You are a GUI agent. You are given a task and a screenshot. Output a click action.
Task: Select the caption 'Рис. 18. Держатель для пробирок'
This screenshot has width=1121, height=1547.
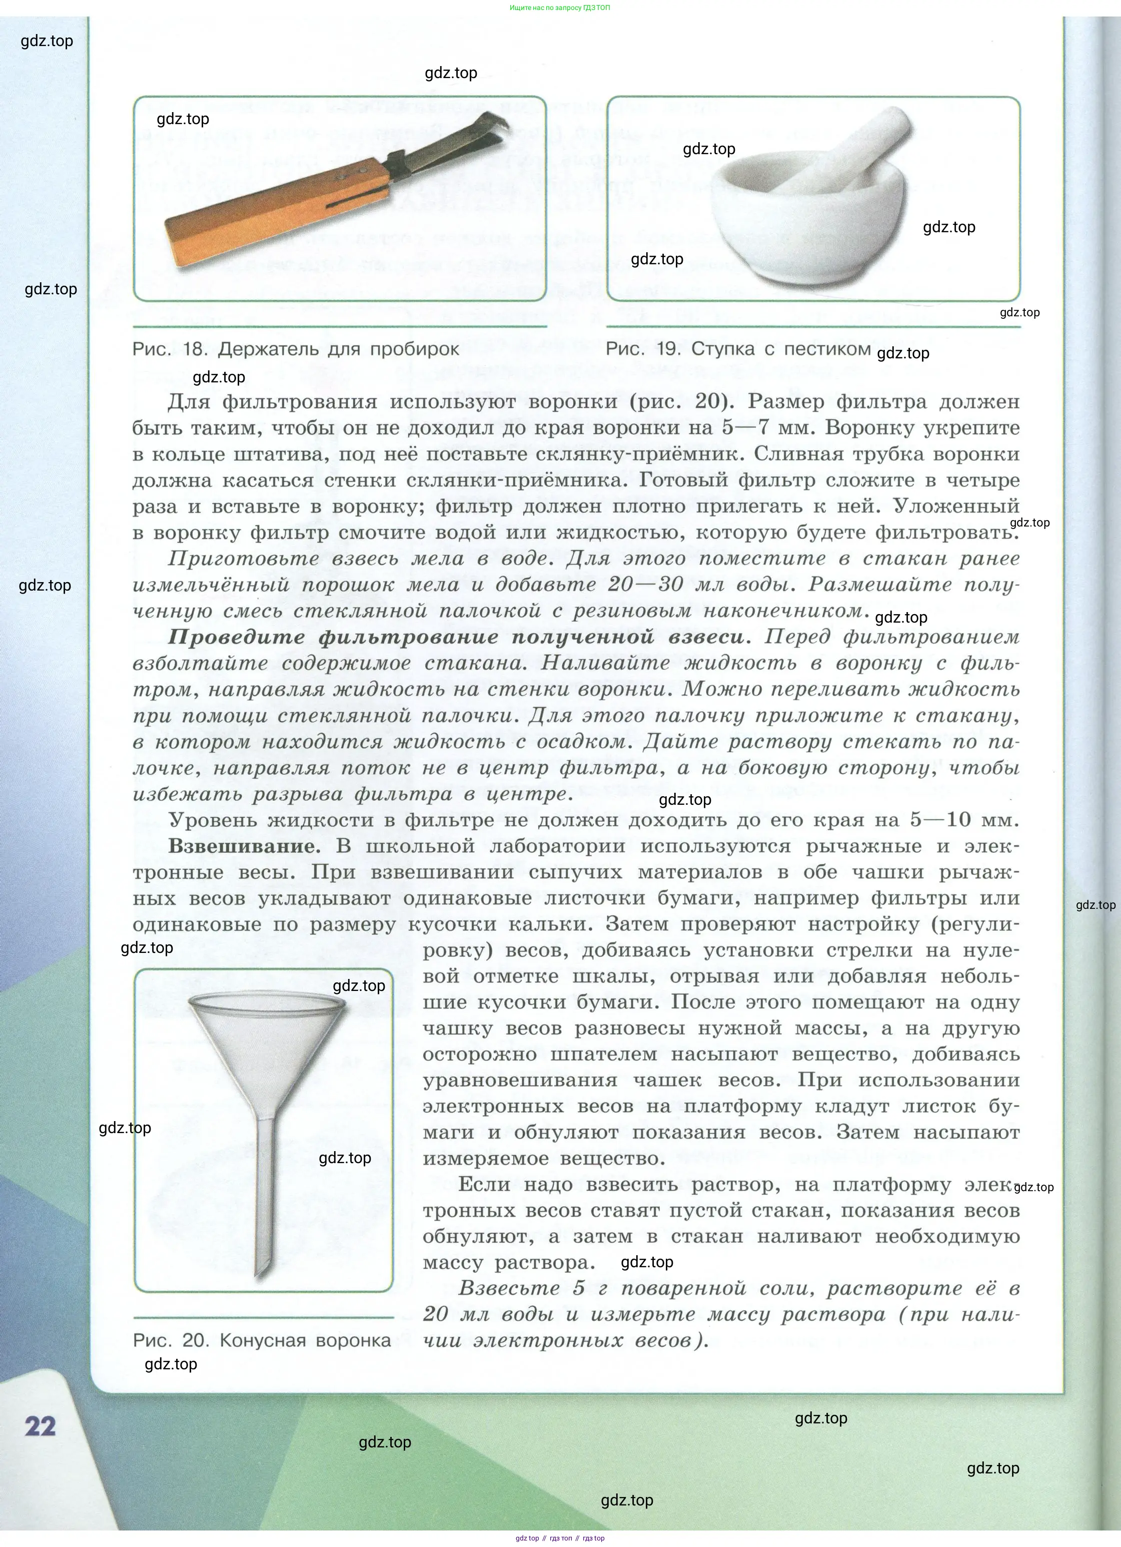click(x=295, y=350)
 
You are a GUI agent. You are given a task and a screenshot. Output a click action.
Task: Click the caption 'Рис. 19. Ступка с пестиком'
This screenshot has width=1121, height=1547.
click(x=738, y=349)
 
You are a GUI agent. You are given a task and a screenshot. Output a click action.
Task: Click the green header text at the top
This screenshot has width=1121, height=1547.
click(x=560, y=8)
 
